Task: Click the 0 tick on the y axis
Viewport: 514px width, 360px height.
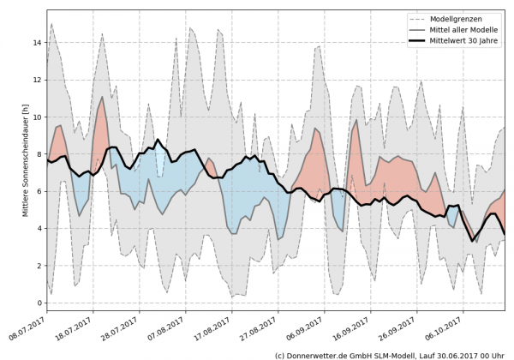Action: [x=39, y=303]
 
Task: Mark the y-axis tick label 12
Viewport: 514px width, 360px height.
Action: [x=36, y=81]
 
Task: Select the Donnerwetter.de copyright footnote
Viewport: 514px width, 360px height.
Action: [x=389, y=354]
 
